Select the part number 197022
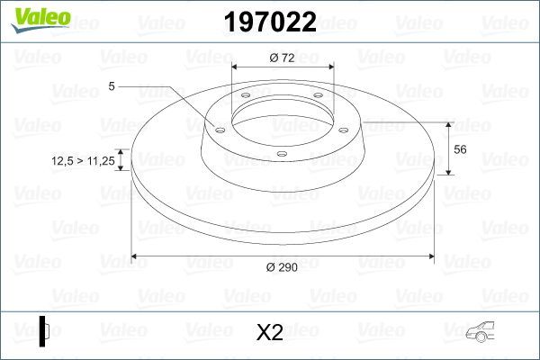click(x=271, y=23)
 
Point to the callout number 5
click(x=111, y=86)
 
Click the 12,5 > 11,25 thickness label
click(x=80, y=160)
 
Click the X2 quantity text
click(x=270, y=334)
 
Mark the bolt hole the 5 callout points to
click(x=218, y=128)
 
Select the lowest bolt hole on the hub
click(x=281, y=154)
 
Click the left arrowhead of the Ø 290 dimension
click(x=136, y=256)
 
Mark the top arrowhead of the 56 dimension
click(x=449, y=122)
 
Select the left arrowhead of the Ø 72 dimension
click(x=237, y=67)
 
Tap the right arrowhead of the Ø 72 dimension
click(x=329, y=67)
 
